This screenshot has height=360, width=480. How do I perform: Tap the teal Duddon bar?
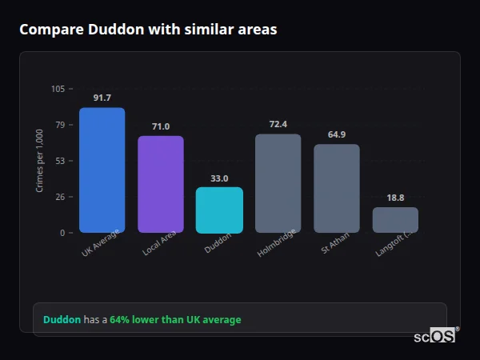tap(219, 210)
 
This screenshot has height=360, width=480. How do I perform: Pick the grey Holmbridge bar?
tap(278, 183)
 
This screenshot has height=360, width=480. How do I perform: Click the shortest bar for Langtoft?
tap(395, 220)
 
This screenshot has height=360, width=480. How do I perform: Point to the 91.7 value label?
tap(102, 98)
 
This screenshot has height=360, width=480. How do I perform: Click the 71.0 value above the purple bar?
tap(160, 126)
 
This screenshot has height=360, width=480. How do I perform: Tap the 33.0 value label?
tap(219, 178)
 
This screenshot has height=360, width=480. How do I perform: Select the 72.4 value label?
tap(278, 124)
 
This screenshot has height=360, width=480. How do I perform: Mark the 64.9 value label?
tap(336, 134)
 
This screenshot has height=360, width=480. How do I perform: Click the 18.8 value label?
tap(395, 198)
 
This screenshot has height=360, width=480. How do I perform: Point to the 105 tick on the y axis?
tap(58, 89)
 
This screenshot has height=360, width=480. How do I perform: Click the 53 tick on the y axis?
tap(60, 161)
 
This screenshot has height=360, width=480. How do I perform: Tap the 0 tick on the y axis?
tap(62, 233)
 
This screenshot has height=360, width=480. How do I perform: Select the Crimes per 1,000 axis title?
tap(39, 161)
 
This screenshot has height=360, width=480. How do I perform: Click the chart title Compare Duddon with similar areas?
tap(148, 30)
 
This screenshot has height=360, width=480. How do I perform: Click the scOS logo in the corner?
tap(434, 337)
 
